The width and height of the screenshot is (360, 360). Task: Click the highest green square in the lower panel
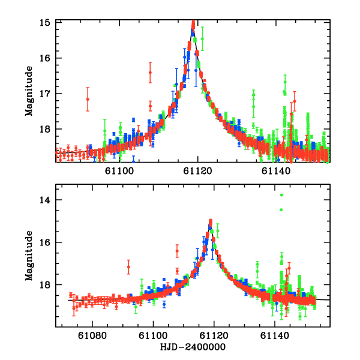coord(281,195)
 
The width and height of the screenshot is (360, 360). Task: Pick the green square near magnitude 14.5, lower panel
coord(281,210)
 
